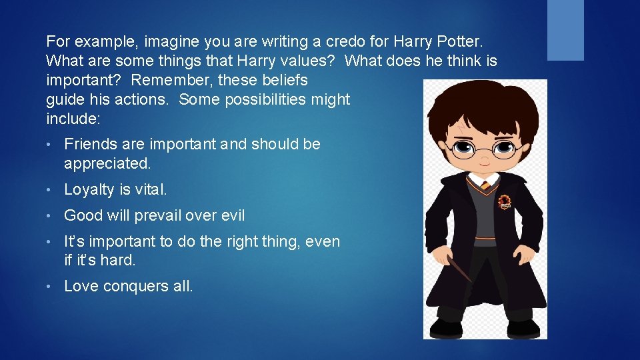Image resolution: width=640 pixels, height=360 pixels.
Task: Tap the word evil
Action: pos(231,215)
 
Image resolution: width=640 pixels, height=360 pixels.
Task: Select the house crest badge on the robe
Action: pos(505,201)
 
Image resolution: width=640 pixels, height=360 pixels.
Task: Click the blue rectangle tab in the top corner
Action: pos(565,30)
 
